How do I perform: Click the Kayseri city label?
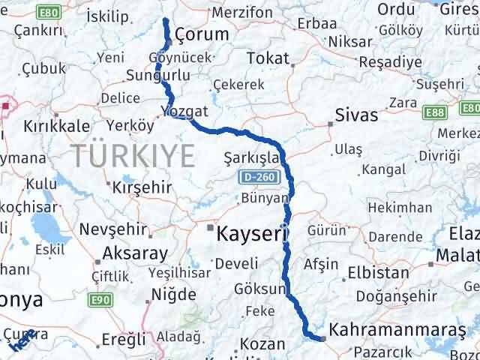coord(253,235)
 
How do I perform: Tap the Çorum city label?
coord(201,34)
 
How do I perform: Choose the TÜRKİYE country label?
coord(134,156)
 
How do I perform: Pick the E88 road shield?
coord(431,112)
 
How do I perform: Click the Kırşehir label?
coord(142,187)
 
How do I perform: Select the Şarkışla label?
coord(251,158)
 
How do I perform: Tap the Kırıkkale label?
coord(57,126)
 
